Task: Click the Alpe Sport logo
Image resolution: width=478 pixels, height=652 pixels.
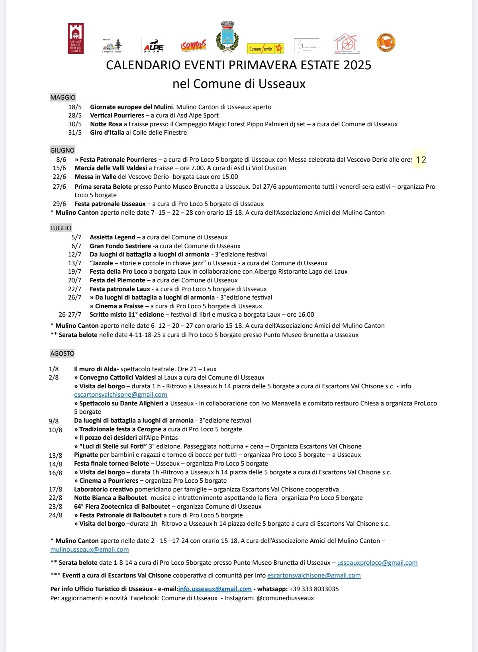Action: (153, 45)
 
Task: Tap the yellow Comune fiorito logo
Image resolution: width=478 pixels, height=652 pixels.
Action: (265, 49)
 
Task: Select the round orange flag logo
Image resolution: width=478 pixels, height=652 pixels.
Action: (386, 43)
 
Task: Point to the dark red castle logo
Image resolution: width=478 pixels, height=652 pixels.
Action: (76, 38)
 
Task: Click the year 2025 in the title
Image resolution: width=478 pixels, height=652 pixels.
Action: (354, 65)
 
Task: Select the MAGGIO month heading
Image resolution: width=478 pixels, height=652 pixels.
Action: (63, 97)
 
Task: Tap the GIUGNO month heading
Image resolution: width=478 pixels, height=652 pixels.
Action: (63, 150)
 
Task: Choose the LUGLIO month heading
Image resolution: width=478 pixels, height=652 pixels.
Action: (61, 228)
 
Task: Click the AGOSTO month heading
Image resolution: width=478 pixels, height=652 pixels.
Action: (63, 353)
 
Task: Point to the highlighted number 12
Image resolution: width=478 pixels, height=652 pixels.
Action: (421, 160)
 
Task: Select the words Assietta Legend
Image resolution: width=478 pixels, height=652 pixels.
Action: (112, 237)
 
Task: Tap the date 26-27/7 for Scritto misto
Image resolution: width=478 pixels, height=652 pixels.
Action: (70, 315)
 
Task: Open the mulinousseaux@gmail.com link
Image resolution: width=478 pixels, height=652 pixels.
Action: (90, 550)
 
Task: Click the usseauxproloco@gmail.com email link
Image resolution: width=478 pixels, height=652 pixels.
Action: (377, 563)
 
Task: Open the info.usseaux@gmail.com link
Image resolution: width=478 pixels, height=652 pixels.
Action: (215, 589)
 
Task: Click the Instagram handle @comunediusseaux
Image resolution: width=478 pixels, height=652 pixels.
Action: (285, 598)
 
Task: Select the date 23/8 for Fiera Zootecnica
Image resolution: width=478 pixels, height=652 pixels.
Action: (56, 507)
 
